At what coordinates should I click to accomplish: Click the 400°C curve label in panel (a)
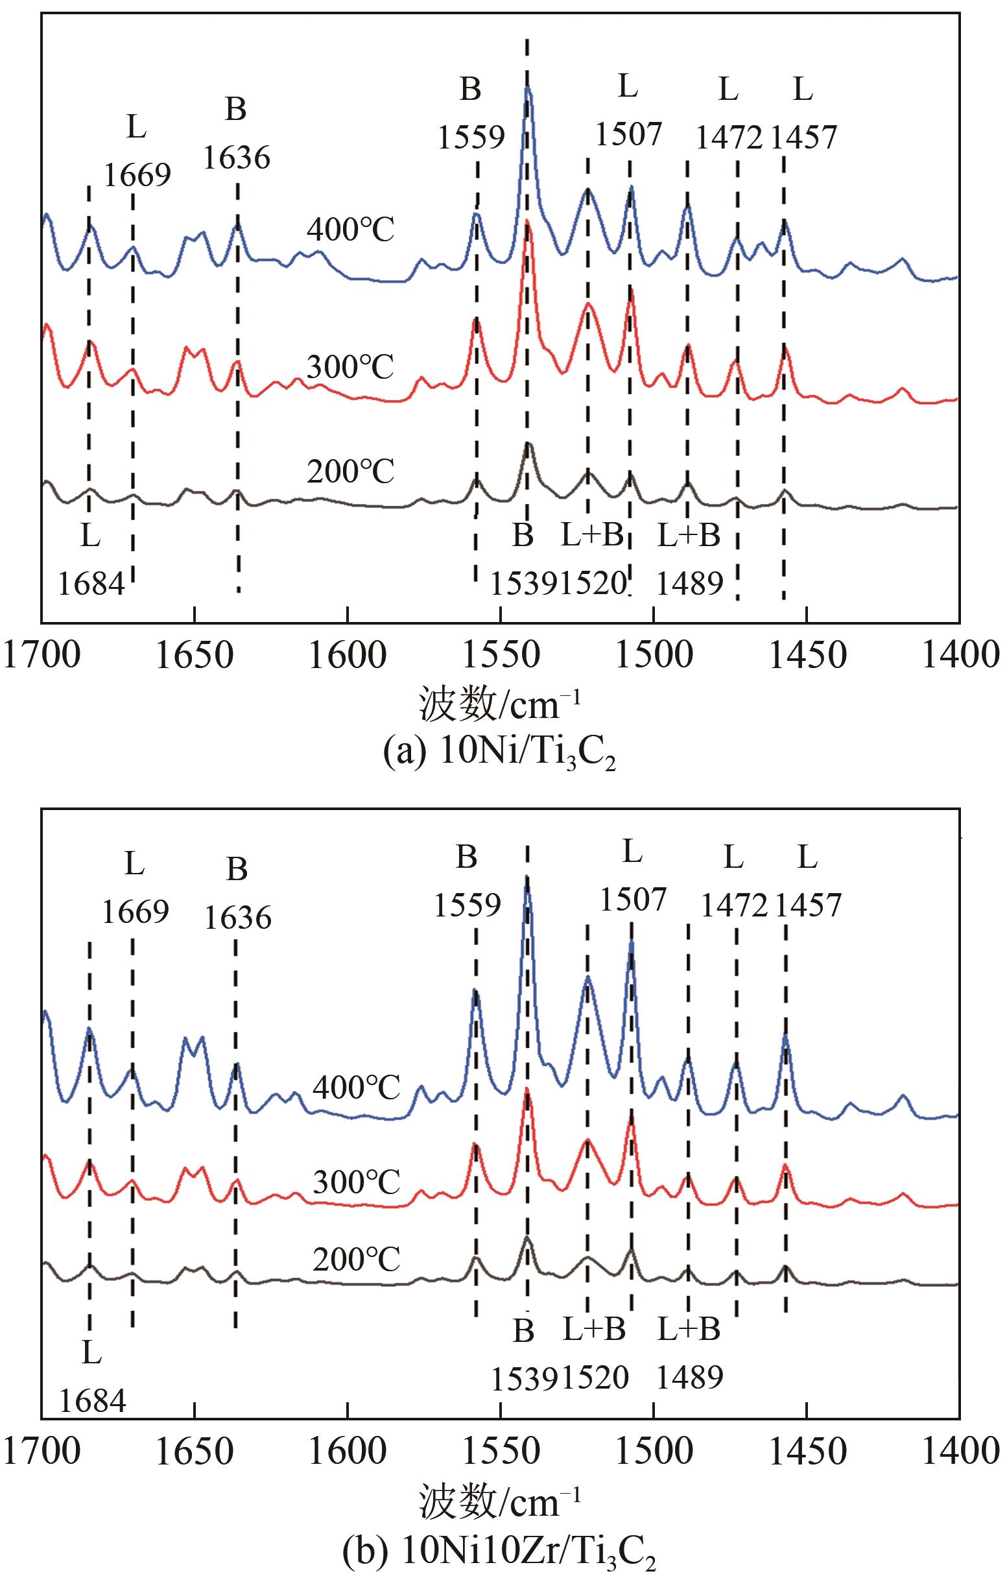[x=351, y=231]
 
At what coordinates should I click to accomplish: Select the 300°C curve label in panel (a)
[x=351, y=367]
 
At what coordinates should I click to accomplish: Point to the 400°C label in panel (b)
[x=356, y=1088]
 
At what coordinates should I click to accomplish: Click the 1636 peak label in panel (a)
[x=237, y=159]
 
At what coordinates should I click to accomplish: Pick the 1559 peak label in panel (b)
[x=466, y=905]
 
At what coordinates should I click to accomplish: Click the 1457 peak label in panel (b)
[x=808, y=905]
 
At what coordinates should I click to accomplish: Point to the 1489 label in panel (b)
[x=689, y=1379]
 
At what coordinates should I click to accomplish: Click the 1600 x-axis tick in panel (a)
[x=348, y=655]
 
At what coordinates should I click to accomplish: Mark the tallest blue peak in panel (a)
[x=527, y=89]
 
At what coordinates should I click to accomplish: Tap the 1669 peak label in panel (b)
[x=135, y=912]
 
